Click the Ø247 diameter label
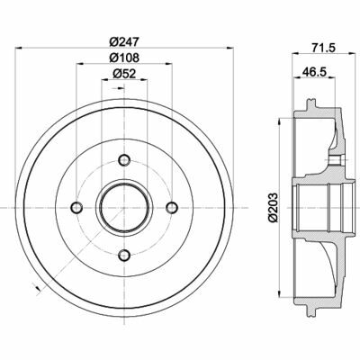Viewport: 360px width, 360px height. [x=121, y=41]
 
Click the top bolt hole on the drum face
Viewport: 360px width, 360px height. [x=122, y=162]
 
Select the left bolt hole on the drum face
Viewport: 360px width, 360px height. [x=76, y=209]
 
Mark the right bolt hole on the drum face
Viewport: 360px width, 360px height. [x=169, y=209]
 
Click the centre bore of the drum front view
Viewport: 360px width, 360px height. [x=122, y=209]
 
